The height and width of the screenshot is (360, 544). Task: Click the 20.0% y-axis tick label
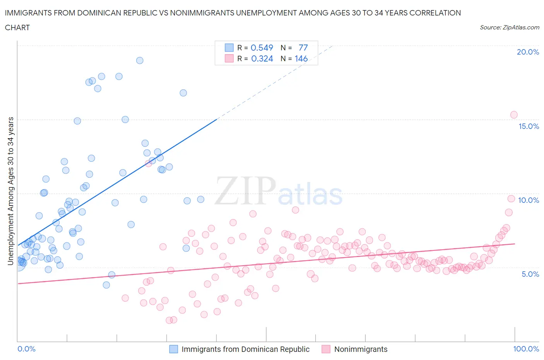[528, 52]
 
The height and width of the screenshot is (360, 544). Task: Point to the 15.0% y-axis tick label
[529, 126]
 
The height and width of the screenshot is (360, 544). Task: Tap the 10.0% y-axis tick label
[529, 200]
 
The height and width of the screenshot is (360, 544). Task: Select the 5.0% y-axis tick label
[530, 274]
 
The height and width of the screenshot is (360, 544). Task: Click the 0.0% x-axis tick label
[26, 349]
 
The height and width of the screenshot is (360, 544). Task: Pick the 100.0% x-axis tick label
[526, 349]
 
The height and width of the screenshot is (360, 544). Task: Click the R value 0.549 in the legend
[262, 48]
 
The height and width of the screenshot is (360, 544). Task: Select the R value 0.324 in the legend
[262, 58]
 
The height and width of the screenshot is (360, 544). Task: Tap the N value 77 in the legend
[303, 48]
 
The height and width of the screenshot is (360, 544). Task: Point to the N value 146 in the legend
[301, 58]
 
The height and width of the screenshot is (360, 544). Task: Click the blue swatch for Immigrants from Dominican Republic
[174, 349]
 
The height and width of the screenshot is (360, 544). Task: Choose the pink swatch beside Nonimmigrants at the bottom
[326, 349]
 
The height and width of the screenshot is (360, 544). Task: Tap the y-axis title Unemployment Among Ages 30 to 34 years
[10, 191]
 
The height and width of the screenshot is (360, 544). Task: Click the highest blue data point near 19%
[140, 60]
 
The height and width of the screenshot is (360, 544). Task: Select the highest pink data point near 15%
[514, 115]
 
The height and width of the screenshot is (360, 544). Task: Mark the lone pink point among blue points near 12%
[148, 163]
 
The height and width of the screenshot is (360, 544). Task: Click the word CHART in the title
[17, 27]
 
